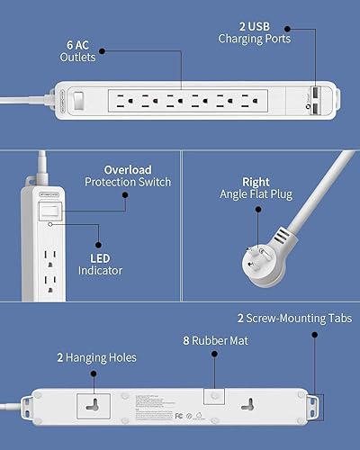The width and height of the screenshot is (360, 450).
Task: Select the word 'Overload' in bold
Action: [129, 168]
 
